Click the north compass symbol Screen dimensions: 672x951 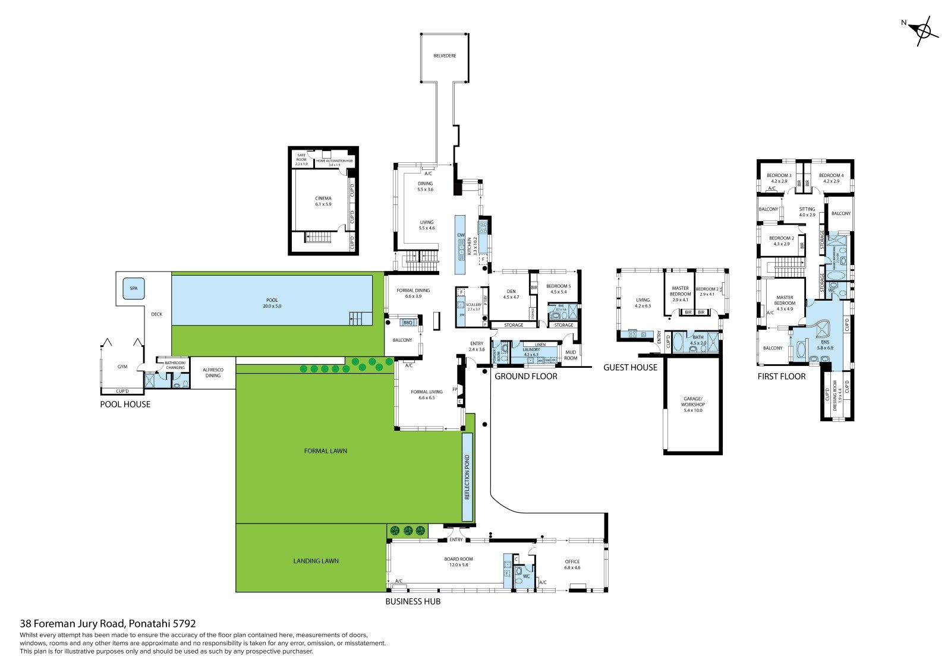point(923,30)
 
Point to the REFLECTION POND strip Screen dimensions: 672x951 point(467,477)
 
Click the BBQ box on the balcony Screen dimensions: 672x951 point(407,323)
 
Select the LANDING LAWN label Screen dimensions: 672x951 point(316,561)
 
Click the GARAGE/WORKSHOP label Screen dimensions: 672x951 point(693,404)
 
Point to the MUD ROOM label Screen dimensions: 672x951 point(570,355)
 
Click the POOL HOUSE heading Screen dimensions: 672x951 point(125,405)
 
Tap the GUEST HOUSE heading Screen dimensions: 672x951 point(630,368)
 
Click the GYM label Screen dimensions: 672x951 point(122,367)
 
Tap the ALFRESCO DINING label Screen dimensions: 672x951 point(213,373)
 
